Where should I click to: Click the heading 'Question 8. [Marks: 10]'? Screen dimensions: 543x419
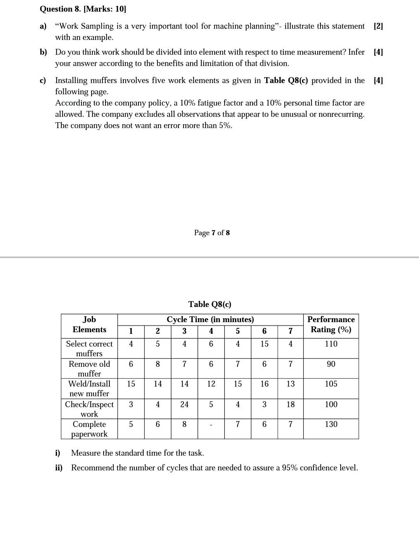[83, 9]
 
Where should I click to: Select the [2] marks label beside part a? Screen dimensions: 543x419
[378, 26]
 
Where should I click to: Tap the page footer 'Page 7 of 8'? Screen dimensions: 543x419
[212, 233]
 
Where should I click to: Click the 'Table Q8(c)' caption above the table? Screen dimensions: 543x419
[210, 304]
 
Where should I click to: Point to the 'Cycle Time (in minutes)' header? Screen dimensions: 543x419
[210, 319]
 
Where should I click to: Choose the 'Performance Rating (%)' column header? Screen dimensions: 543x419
[331, 324]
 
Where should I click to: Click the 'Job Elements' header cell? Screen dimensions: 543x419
[89, 324]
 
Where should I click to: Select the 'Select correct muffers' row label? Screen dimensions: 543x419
[89, 349]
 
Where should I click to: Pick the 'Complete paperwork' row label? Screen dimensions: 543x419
[89, 429]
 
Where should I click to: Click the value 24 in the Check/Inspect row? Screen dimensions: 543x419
[184, 404]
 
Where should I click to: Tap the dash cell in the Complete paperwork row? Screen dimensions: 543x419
[211, 425]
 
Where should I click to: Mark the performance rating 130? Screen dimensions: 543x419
[331, 424]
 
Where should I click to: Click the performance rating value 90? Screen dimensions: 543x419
[331, 364]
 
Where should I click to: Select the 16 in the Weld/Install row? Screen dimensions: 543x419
[264, 384]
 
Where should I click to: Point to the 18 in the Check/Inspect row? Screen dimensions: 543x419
[291, 404]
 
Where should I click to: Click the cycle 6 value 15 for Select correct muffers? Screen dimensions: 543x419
[264, 344]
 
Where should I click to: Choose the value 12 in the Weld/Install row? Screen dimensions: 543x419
[211, 384]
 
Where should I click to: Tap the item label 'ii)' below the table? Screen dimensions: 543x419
[59, 468]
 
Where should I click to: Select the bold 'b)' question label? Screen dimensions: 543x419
[43, 52]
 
